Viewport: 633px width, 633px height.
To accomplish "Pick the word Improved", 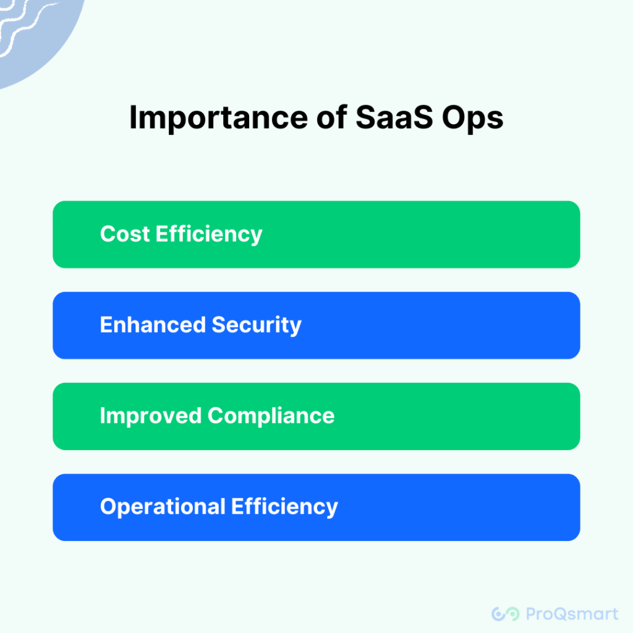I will tap(151, 416).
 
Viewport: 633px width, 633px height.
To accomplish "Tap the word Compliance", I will tap(271, 416).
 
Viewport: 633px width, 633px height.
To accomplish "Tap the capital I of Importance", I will tap(134, 117).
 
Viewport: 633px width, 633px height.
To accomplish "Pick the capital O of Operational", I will tap(108, 507).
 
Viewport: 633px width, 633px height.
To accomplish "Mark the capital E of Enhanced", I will tap(106, 325).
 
